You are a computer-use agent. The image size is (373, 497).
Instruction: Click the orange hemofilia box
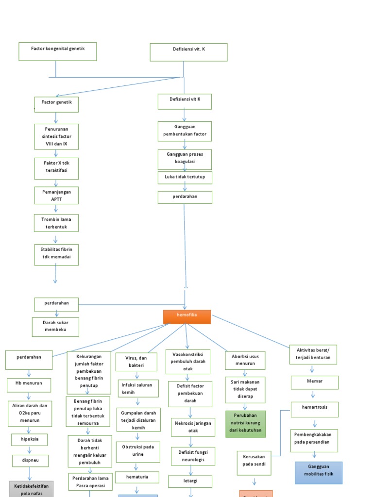click(187, 316)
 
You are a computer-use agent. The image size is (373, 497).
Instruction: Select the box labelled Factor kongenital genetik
click(58, 51)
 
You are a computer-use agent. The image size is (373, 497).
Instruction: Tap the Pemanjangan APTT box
click(56, 195)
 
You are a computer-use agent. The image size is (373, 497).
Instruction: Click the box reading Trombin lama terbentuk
click(56, 223)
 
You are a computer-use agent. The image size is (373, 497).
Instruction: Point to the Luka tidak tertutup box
click(185, 178)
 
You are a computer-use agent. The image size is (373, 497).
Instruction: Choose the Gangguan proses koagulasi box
click(185, 158)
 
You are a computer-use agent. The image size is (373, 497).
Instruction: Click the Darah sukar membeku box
click(55, 327)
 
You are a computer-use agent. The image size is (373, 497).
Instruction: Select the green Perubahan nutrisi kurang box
click(246, 424)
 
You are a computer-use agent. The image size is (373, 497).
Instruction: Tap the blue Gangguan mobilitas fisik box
click(319, 472)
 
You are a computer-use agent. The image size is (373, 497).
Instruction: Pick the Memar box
click(315, 382)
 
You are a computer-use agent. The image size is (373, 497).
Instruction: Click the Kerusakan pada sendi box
click(254, 463)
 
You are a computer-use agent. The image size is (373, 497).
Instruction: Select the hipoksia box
click(30, 439)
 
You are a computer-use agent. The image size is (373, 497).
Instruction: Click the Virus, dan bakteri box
click(136, 362)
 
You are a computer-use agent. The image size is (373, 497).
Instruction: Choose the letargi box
click(191, 481)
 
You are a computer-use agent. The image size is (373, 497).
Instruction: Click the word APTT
click(56, 199)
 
